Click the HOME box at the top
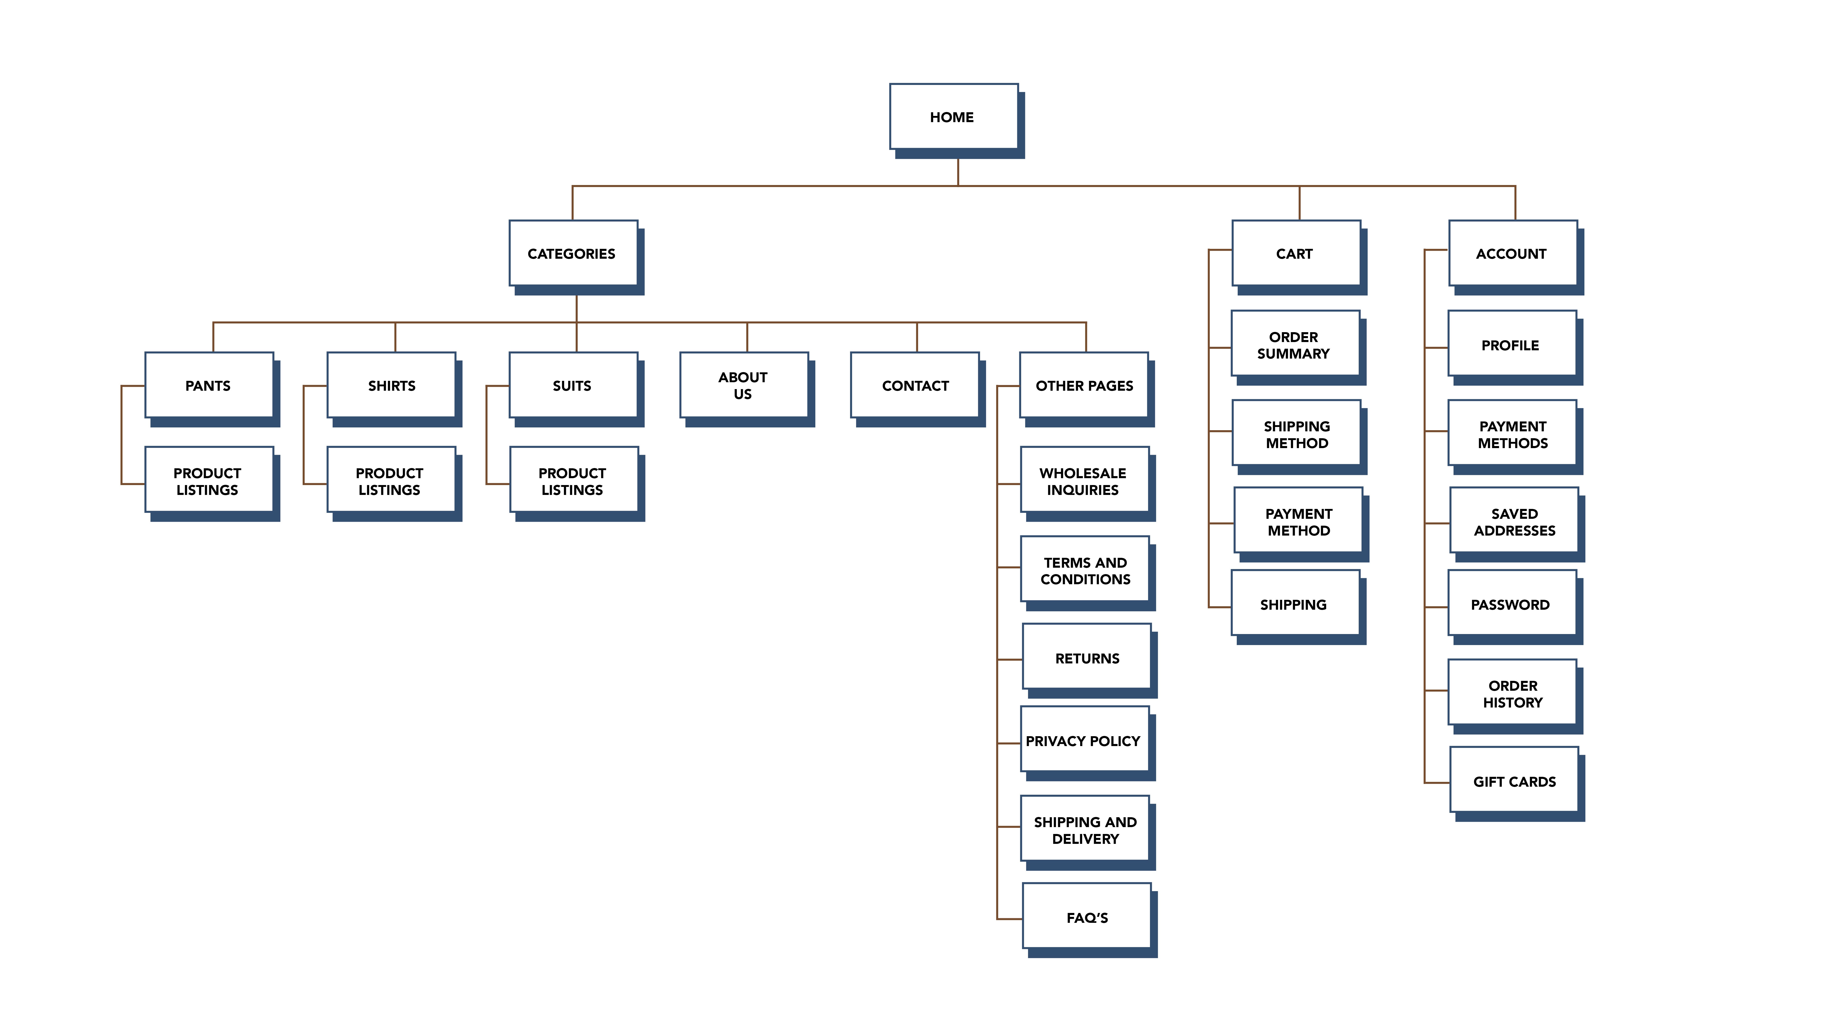[x=954, y=117]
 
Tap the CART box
[x=1296, y=254]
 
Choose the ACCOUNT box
[x=1513, y=254]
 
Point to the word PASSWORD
[x=1510, y=605]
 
